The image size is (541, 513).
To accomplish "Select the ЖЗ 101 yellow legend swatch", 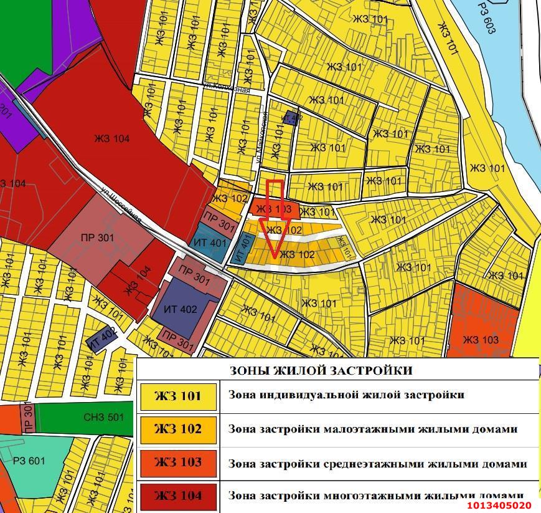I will [x=178, y=396].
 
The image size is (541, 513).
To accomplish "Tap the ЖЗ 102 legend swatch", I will [x=178, y=429].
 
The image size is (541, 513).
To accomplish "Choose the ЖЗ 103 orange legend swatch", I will [x=178, y=463].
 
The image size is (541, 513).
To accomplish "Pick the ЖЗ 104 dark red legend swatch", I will [x=178, y=496].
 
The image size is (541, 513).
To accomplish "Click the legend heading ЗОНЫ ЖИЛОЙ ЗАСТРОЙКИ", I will [x=321, y=371].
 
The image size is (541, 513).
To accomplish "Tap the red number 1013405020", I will [x=499, y=506].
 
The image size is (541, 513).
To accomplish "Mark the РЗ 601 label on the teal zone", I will [x=29, y=461].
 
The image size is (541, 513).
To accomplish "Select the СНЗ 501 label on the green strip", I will [x=103, y=418].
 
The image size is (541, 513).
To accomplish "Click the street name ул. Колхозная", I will [x=227, y=89].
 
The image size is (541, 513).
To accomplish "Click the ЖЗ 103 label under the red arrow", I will [x=274, y=209].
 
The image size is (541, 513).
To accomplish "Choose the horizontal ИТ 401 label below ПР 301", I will [x=210, y=242].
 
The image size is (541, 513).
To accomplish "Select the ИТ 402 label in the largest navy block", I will [x=181, y=309].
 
